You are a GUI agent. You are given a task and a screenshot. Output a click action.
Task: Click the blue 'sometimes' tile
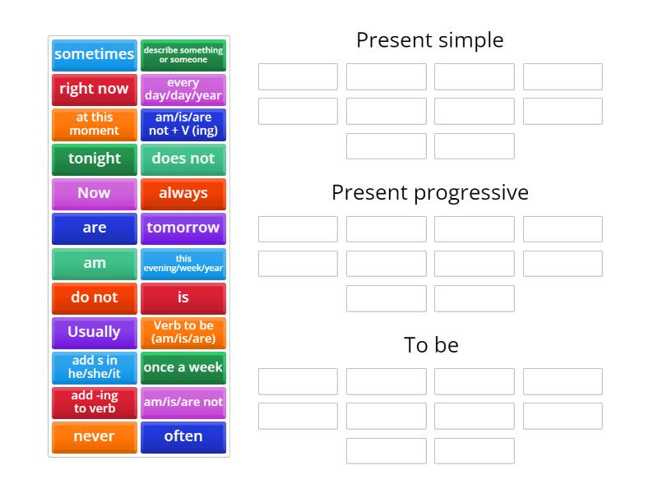tap(94, 54)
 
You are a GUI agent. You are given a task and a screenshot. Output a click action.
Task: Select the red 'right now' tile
tap(94, 89)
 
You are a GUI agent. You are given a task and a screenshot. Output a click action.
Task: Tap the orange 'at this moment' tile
tap(94, 124)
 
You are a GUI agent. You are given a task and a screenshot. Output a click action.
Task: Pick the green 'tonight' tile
tap(94, 159)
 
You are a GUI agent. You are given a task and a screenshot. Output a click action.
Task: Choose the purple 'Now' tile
tap(94, 193)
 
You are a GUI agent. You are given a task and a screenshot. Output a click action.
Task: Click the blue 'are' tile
tap(94, 228)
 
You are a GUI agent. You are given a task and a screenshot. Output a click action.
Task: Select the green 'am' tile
tap(94, 264)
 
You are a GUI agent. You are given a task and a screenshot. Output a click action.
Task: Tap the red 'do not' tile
tap(94, 297)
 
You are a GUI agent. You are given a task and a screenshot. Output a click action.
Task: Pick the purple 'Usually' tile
tap(94, 333)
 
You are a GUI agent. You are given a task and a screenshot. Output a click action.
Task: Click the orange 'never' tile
tap(94, 437)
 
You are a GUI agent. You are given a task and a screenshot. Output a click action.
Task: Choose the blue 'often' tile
tap(183, 437)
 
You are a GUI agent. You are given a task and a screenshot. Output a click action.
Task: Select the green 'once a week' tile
tap(183, 367)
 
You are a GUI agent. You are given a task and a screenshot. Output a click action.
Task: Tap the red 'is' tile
tap(183, 297)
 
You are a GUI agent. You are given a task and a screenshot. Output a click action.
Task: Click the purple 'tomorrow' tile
tap(183, 228)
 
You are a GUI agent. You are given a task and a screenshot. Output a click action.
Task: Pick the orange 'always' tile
tap(183, 193)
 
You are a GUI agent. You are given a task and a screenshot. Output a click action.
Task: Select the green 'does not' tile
tap(183, 159)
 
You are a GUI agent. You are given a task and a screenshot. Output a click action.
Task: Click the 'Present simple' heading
tap(429, 40)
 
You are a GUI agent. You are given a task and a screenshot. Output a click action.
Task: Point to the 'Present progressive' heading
tap(429, 192)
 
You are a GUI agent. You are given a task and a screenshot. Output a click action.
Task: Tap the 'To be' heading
tap(431, 345)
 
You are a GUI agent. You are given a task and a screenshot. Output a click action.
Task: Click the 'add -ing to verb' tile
tap(94, 403)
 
